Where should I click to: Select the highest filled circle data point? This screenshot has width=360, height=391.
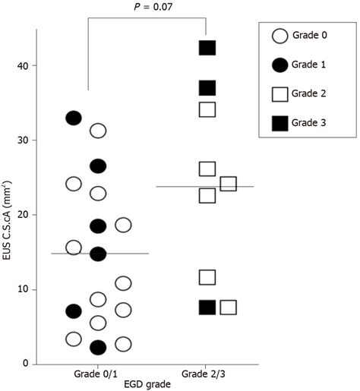coord(74,118)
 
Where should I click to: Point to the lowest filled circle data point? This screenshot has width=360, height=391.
coord(98,348)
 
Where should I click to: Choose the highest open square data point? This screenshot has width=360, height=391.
coord(207,109)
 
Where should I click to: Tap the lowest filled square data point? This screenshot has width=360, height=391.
coord(207,307)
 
